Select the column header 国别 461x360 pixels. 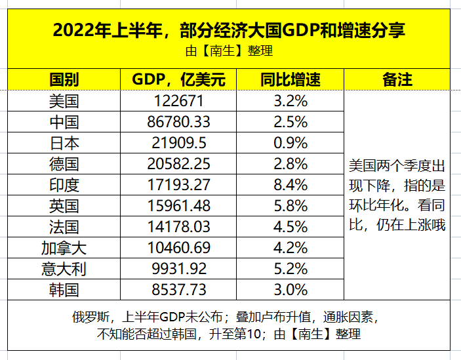click(x=64, y=80)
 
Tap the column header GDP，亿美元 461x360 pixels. click(x=178, y=80)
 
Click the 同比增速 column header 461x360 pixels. click(x=290, y=80)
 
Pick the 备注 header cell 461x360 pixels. click(x=397, y=80)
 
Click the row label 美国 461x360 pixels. click(x=64, y=101)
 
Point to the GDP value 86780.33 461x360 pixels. click(x=178, y=122)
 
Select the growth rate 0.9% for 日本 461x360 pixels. click(x=290, y=143)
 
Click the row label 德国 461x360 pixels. click(x=64, y=164)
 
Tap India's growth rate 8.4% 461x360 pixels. click(x=290, y=185)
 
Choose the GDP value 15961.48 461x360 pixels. click(x=178, y=206)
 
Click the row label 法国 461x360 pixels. click(x=64, y=227)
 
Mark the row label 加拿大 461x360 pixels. click(x=64, y=248)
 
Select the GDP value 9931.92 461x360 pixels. click(x=178, y=269)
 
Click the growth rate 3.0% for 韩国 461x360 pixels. click(x=290, y=290)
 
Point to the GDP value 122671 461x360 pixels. click(x=178, y=101)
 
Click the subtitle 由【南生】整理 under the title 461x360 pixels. click(x=230, y=50)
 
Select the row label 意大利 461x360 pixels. click(x=64, y=269)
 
